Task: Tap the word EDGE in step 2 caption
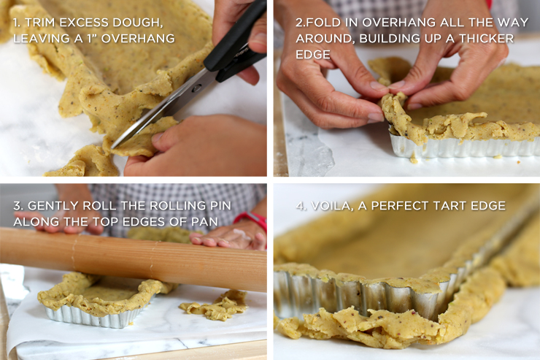[312, 54]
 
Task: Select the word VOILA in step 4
[335, 206]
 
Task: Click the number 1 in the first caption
[16, 22]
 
